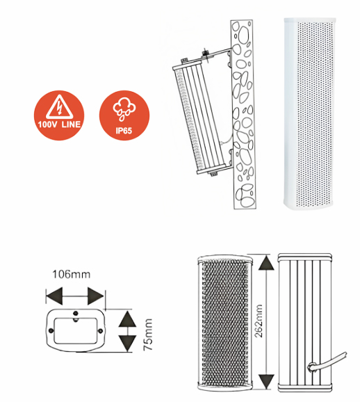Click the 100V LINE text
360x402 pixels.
pos(59,124)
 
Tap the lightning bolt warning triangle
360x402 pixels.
pos(59,107)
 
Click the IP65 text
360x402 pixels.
pos(124,131)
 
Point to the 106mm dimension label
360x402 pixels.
pos(72,274)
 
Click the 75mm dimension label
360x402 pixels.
pos(148,335)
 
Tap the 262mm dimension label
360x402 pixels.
pos(259,321)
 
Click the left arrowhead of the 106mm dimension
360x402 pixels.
pos(54,296)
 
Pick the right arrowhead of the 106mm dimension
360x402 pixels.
pos(95,296)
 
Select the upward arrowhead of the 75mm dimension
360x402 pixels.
pos(127,319)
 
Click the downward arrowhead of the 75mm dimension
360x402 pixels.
pos(127,344)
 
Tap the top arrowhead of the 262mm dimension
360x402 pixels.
pos(266,263)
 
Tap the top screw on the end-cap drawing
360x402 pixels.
pos(75,313)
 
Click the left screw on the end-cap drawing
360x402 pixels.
pos(51,330)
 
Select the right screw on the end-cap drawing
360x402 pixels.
pos(100,331)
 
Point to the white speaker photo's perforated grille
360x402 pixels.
pos(315,114)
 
